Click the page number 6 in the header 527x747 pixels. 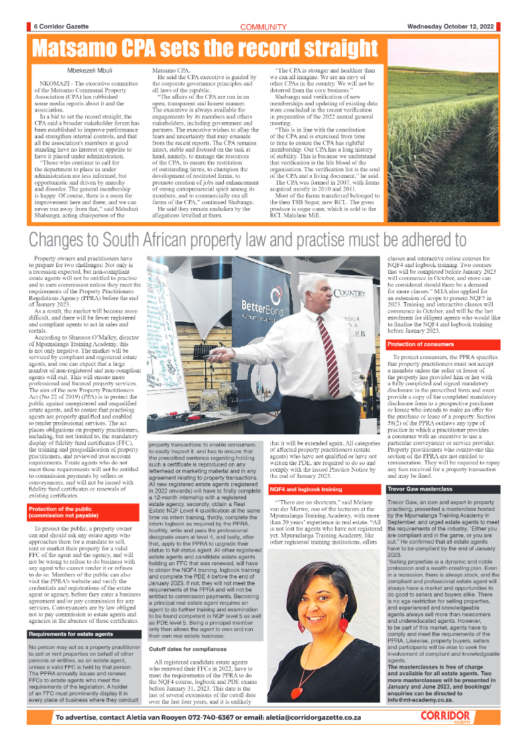(x=35, y=27)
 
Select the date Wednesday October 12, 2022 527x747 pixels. (x=451, y=27)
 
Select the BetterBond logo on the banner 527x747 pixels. (x=265, y=309)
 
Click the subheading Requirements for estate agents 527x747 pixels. (x=70, y=634)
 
